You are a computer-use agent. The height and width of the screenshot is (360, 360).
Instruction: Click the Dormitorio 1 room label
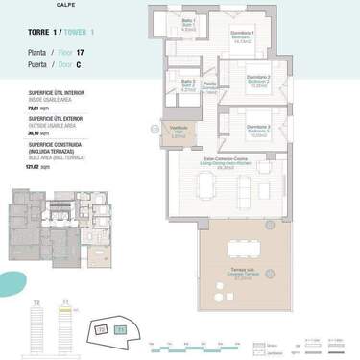(x=241, y=37)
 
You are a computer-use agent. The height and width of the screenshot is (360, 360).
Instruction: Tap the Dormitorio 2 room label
(x=255, y=81)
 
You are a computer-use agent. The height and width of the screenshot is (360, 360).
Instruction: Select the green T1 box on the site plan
(x=120, y=330)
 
